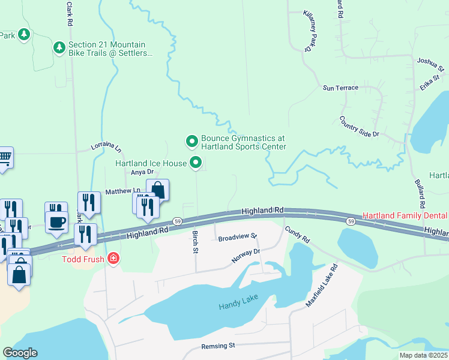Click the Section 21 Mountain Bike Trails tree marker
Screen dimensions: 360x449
click(x=59, y=47)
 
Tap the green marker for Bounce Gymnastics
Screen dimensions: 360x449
click(x=191, y=142)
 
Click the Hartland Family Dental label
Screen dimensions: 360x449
click(x=405, y=215)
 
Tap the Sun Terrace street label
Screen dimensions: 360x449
click(x=340, y=88)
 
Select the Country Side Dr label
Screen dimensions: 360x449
click(x=359, y=127)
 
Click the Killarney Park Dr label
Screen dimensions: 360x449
click(x=309, y=31)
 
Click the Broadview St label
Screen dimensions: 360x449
click(x=237, y=238)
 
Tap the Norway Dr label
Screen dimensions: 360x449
click(x=246, y=256)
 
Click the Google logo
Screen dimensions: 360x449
click(x=20, y=353)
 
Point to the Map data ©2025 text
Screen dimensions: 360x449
click(x=423, y=355)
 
